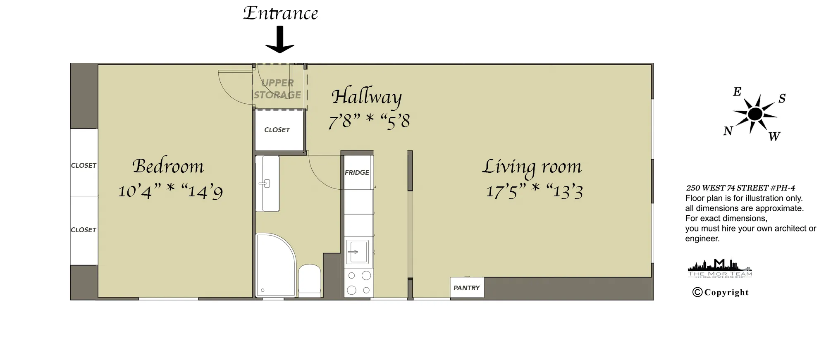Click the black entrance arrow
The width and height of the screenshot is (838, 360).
pyautogui.click(x=280, y=40)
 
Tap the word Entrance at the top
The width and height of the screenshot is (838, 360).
pyautogui.click(x=280, y=13)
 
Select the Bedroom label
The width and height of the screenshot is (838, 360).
pyautogui.click(x=168, y=166)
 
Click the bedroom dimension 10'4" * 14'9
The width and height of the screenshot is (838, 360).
pyautogui.click(x=170, y=191)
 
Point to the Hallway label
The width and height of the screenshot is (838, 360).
pyautogui.click(x=366, y=97)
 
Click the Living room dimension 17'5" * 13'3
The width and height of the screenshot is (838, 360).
pyautogui.click(x=534, y=191)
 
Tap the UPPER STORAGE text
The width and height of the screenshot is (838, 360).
pyautogui.click(x=277, y=89)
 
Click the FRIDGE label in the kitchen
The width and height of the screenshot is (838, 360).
pyautogui.click(x=357, y=172)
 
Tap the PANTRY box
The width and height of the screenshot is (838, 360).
pyautogui.click(x=466, y=288)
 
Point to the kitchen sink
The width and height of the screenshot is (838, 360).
pyautogui.click(x=357, y=251)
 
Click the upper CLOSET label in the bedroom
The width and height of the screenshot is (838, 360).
pyautogui.click(x=84, y=165)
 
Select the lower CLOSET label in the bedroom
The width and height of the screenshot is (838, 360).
pyautogui.click(x=84, y=230)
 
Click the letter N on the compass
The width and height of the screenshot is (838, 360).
pyautogui.click(x=728, y=131)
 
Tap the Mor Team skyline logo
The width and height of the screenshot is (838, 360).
pyautogui.click(x=720, y=268)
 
